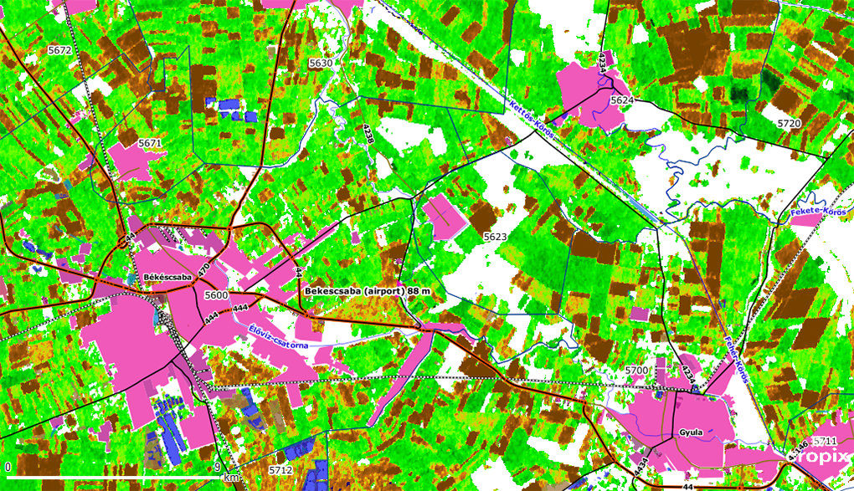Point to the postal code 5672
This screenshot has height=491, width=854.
tap(60, 50)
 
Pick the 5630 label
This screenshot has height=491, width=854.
tap(321, 63)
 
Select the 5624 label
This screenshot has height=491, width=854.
tap(622, 100)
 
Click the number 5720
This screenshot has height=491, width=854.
tap(790, 123)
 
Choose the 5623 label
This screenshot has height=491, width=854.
tap(495, 238)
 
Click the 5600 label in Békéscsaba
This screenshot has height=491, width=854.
tap(216, 295)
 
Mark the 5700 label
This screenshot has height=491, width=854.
tap(637, 369)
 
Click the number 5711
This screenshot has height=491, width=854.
tap(825, 441)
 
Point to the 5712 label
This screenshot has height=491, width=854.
tap(280, 471)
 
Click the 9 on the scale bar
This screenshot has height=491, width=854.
tap(217, 467)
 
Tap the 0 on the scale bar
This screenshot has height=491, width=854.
tap(8, 467)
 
